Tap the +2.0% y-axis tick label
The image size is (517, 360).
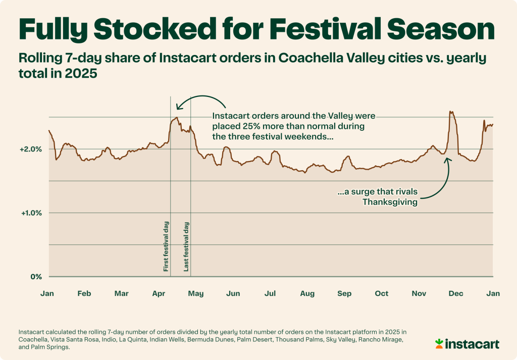point(32,149)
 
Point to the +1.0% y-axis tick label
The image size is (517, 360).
point(32,213)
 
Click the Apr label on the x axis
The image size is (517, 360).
point(159,293)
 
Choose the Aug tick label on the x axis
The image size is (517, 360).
point(307,293)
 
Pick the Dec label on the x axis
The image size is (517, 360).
point(456,293)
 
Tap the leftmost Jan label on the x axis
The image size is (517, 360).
point(47,293)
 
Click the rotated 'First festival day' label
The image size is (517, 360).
point(166,246)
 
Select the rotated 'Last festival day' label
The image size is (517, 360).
point(186,246)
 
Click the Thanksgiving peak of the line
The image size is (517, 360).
point(451,112)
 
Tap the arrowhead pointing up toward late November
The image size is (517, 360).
point(447,159)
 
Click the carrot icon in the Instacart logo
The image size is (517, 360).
point(440,344)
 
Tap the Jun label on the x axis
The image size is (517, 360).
point(233,293)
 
